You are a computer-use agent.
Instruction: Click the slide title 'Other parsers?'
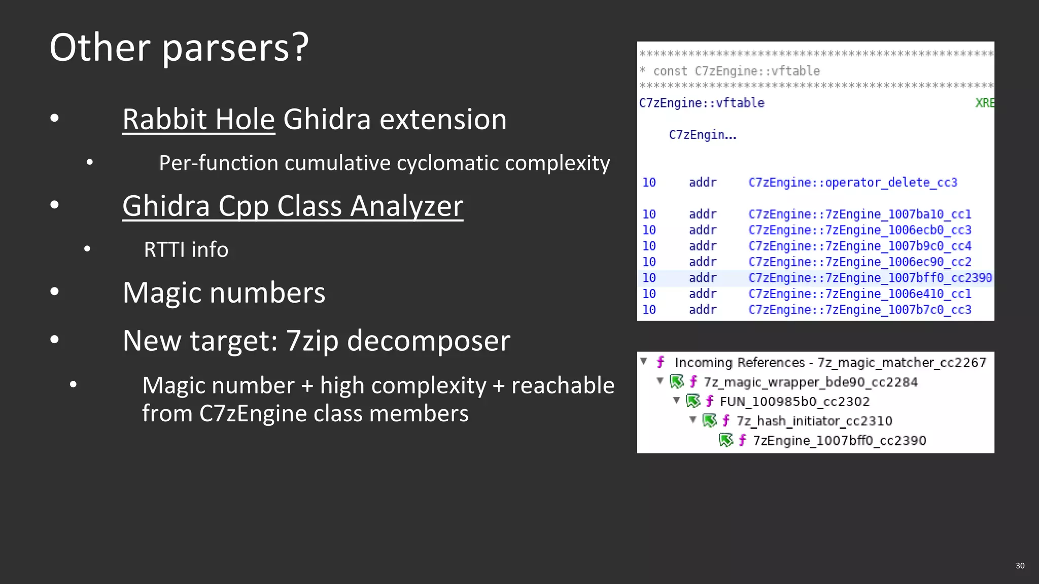point(179,47)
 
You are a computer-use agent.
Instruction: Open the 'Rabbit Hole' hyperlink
point(198,120)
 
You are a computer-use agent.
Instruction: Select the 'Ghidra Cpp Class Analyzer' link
point(293,206)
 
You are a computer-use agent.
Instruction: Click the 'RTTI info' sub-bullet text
point(186,249)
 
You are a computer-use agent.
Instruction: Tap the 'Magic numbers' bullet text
point(224,293)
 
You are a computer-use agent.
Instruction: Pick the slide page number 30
point(1020,566)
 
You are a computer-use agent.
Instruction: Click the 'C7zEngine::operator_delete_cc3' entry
point(852,182)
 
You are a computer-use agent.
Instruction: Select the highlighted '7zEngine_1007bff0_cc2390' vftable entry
point(870,278)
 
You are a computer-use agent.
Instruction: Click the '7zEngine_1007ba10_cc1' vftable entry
point(859,214)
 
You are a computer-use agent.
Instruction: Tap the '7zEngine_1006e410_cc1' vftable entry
point(859,294)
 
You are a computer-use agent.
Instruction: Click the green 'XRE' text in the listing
point(984,103)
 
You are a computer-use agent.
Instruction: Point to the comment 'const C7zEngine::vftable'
point(736,71)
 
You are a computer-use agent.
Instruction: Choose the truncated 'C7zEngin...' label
point(702,135)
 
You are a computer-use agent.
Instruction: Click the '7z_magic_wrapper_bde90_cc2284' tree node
point(810,382)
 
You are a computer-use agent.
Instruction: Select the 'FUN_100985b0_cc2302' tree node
point(794,401)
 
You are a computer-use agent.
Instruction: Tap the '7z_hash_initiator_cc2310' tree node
point(814,421)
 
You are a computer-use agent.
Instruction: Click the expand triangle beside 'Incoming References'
point(644,361)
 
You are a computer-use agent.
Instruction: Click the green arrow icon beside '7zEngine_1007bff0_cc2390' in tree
point(726,440)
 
